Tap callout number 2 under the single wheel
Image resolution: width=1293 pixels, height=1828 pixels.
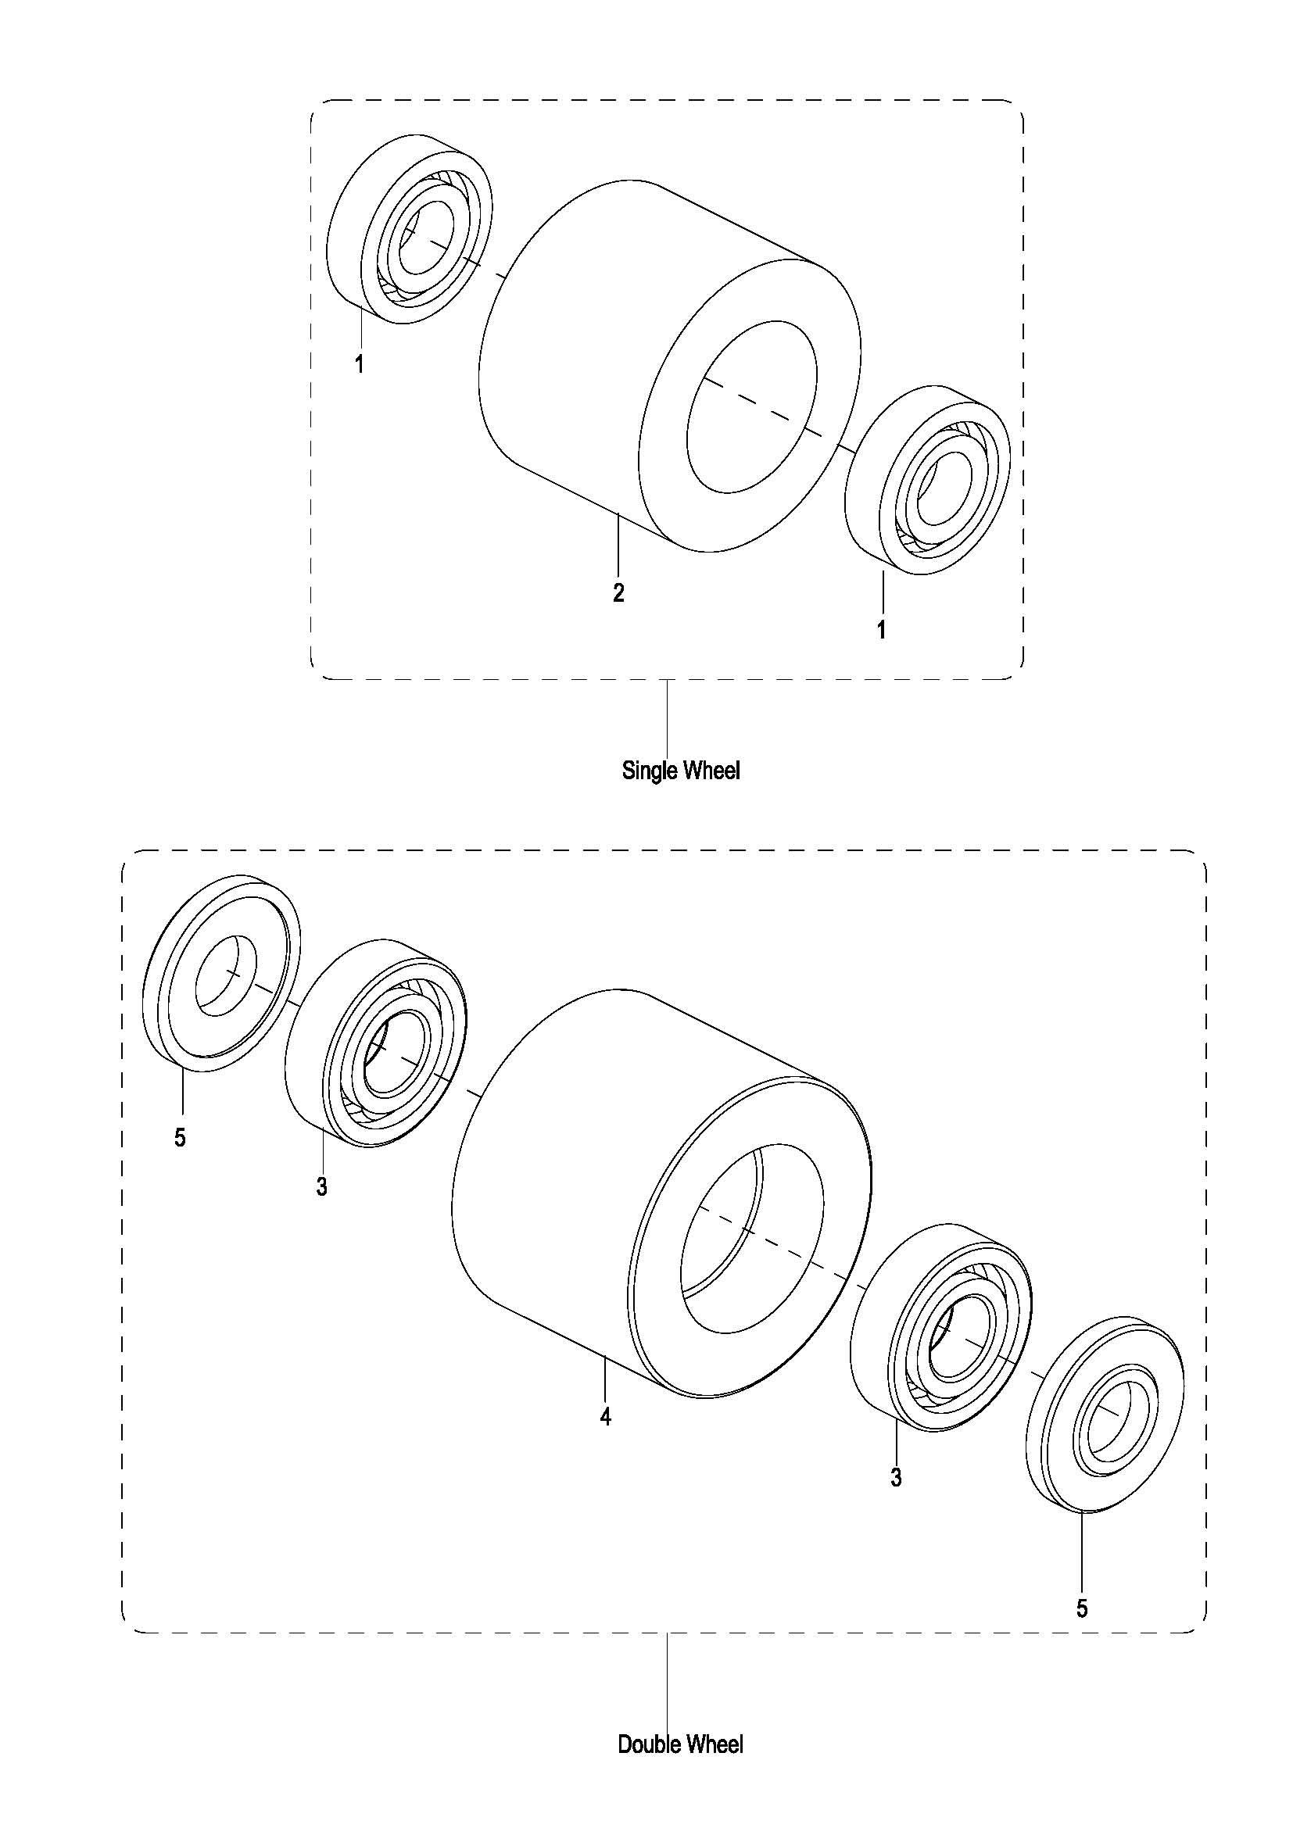click(x=618, y=592)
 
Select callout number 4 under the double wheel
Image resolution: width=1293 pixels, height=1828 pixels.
click(x=606, y=1417)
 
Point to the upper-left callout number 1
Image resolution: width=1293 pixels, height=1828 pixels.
click(x=360, y=365)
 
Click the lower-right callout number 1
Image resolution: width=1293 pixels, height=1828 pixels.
click(x=881, y=630)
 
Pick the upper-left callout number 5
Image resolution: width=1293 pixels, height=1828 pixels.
click(x=180, y=1138)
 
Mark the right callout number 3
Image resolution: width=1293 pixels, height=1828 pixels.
click(x=897, y=1478)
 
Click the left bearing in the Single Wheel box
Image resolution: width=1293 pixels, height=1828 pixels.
click(x=412, y=228)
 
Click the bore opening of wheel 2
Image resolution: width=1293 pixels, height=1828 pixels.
click(x=750, y=406)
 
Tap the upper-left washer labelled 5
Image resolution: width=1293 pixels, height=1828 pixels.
click(x=222, y=973)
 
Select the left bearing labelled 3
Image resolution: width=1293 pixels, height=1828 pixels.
click(x=376, y=1043)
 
